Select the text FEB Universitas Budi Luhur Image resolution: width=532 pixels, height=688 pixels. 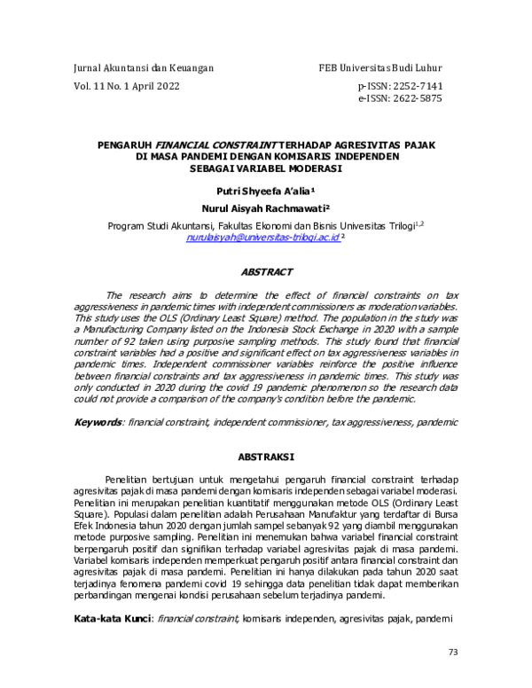[380, 68]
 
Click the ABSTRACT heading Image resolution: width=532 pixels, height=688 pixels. [267, 272]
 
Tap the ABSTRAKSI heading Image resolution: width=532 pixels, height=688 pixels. [267, 457]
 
